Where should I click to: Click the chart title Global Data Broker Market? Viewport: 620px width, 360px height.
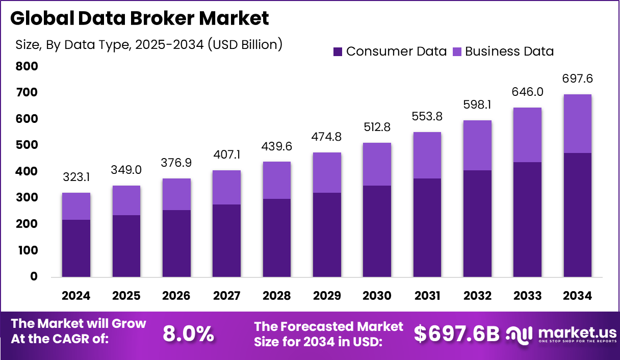(139, 19)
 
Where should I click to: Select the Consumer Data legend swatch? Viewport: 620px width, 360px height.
(338, 52)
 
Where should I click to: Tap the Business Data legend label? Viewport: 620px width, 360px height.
(509, 52)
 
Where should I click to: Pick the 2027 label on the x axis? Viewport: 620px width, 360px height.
(226, 296)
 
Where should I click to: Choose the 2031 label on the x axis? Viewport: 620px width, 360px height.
(427, 296)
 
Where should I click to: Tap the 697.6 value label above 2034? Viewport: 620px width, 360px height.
(577, 79)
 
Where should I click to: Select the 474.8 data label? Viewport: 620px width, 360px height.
(327, 137)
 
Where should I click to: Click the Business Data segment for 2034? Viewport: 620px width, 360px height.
(577, 123)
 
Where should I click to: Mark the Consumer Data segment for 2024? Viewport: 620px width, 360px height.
(76, 248)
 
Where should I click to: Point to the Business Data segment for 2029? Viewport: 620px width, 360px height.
(327, 172)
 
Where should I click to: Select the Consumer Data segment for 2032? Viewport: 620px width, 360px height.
(477, 223)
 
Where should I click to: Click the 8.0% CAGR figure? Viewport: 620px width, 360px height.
(188, 334)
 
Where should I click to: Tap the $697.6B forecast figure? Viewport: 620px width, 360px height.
(456, 334)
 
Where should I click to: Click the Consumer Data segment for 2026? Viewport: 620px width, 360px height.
(176, 243)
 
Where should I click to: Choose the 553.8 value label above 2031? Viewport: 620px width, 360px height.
(427, 117)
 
